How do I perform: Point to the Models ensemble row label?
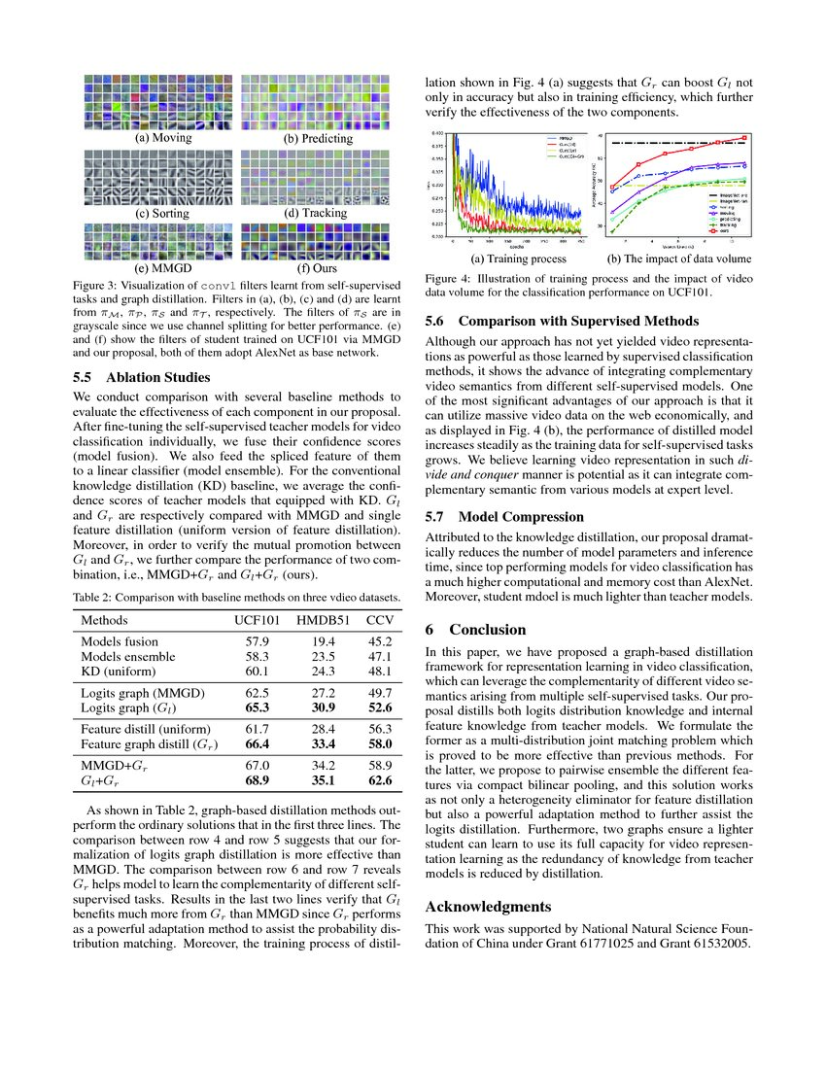click(x=128, y=656)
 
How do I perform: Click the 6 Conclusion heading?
click(x=476, y=630)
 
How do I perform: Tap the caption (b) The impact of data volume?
click(x=679, y=259)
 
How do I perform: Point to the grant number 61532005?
click(x=715, y=946)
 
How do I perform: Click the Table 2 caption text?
click(x=237, y=596)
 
